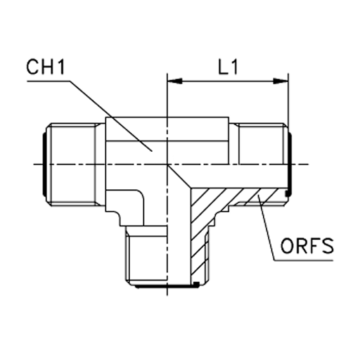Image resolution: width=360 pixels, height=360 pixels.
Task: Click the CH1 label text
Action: pos(45,67)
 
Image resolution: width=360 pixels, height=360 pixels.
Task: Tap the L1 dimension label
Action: pos(228,67)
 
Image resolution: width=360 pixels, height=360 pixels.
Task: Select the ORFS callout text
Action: pos(307,245)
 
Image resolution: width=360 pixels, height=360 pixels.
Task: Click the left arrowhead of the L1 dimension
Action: pos(174,82)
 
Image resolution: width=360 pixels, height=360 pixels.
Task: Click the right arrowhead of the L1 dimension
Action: pos(281,82)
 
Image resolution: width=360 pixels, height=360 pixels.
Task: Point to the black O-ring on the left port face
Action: pos(44,164)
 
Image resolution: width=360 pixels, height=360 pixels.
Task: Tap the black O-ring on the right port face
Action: pos(290,164)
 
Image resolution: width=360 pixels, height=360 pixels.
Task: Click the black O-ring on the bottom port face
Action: pos(167,286)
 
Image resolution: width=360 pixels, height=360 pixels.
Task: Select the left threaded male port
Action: pos(75,165)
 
